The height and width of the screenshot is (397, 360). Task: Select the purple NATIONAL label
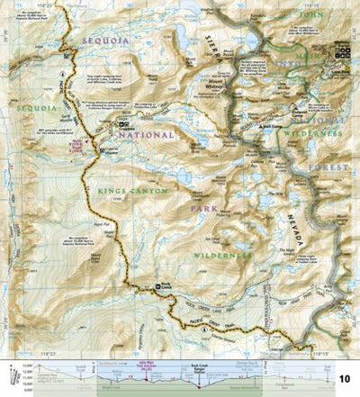coord(142,135)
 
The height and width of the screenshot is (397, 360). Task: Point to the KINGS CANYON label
coord(121,190)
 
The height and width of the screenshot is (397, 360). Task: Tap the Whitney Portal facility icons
coord(343,54)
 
